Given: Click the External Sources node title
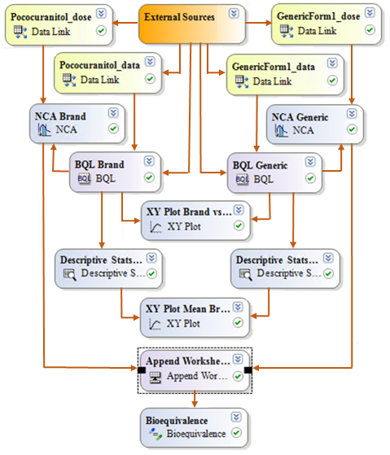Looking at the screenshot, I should point(179,16).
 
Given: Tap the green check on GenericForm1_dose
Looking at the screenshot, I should point(370,30).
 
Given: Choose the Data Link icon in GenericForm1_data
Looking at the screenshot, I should point(241,81).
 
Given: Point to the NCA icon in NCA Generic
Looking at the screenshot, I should point(282,130).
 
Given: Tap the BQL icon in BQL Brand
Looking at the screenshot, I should point(84,177).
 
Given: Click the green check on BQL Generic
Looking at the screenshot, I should point(308,178).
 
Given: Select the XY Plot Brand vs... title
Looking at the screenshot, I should point(188,211).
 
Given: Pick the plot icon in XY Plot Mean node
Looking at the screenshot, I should point(156,323).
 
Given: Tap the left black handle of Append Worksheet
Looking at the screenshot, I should point(142,370).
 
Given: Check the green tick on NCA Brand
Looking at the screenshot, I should point(112,129).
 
